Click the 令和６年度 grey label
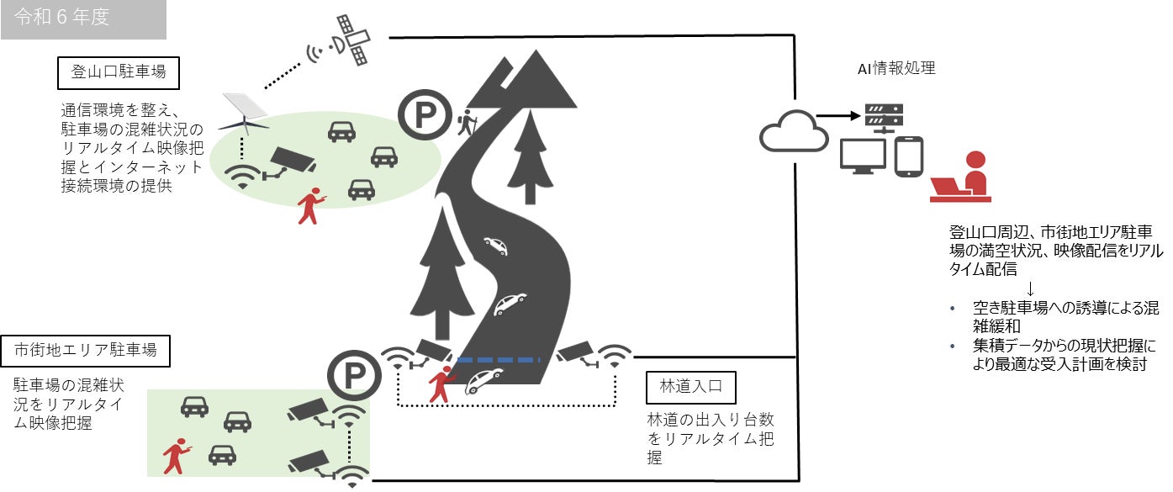coord(82,19)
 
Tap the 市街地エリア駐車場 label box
coord(85,349)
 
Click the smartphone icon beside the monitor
coord(909,156)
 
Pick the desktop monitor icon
coord(862,156)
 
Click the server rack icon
coord(883,118)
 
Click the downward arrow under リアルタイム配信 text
coord(1032,287)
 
